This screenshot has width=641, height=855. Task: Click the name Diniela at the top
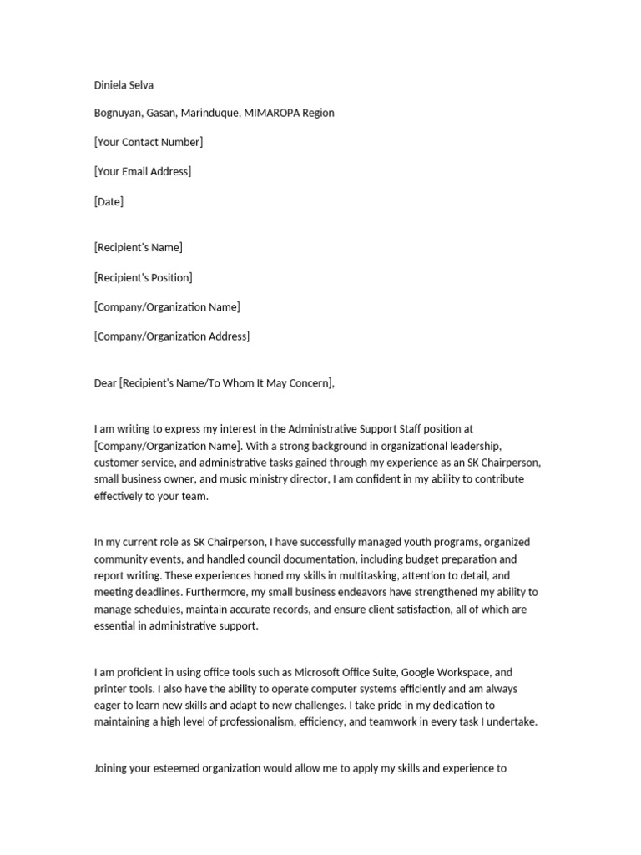tap(112, 84)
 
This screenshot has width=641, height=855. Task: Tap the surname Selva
tap(143, 84)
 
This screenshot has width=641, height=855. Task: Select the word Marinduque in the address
tap(207, 113)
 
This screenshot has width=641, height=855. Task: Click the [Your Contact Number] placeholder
tap(149, 142)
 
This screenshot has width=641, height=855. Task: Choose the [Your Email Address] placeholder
tap(143, 171)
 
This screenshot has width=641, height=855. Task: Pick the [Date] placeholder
tap(109, 201)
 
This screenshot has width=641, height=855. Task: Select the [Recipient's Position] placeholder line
tap(143, 277)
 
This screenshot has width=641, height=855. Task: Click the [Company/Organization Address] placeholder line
tap(171, 336)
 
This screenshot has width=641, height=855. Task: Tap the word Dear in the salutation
tap(105, 383)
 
